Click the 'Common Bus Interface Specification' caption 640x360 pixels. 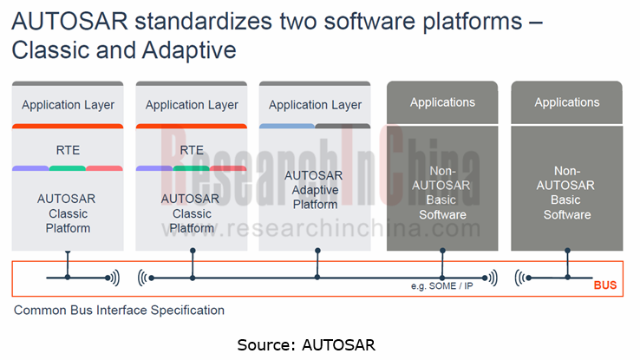[119, 310]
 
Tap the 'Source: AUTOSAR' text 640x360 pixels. [306, 344]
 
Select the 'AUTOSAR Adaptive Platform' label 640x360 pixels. [315, 189]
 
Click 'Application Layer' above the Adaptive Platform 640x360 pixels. [315, 105]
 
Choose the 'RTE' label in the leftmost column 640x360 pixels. [68, 149]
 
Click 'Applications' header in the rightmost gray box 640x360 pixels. [566, 102]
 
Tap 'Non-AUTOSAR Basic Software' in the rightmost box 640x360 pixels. [566, 193]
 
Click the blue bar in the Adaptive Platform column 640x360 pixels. [286, 127]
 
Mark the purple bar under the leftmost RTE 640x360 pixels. [30, 167]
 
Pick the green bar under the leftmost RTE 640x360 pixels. [68, 167]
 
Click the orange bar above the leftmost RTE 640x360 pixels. [68, 127]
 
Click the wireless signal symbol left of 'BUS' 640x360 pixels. [524, 278]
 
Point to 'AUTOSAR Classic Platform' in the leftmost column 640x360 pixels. [68, 213]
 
